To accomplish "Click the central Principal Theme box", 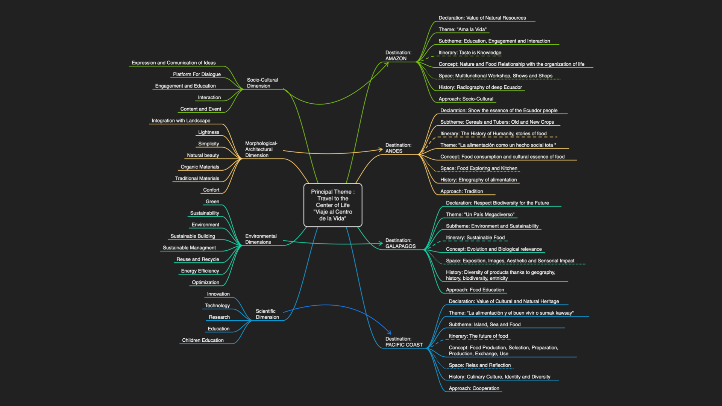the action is pyautogui.click(x=333, y=205).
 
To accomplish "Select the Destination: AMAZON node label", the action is pyautogui.click(x=398, y=56).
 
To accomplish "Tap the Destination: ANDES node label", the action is pyautogui.click(x=398, y=148).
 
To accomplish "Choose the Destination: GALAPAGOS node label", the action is pyautogui.click(x=400, y=243).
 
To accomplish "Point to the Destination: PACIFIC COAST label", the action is pyautogui.click(x=404, y=342).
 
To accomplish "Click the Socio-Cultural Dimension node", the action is pyautogui.click(x=262, y=83).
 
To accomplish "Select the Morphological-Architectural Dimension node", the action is pyautogui.click(x=261, y=149).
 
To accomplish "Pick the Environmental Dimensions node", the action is pyautogui.click(x=261, y=239).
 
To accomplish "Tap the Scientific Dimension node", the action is pyautogui.click(x=267, y=314).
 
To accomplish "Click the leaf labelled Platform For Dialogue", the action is pyautogui.click(x=197, y=74).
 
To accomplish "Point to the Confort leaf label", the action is pyautogui.click(x=211, y=190).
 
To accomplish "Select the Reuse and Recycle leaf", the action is pyautogui.click(x=198, y=259).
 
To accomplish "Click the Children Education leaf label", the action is pyautogui.click(x=203, y=340).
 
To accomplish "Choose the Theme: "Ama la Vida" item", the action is pyautogui.click(x=463, y=29).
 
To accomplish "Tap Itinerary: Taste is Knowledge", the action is pyautogui.click(x=470, y=53).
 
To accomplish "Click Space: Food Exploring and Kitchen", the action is pyautogui.click(x=479, y=168).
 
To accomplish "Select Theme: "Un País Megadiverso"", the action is pyautogui.click(x=480, y=215).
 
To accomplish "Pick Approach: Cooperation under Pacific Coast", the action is pyautogui.click(x=474, y=388).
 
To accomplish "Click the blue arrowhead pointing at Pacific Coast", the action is pyautogui.click(x=389, y=332).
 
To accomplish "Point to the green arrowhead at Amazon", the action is pyautogui.click(x=386, y=64).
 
